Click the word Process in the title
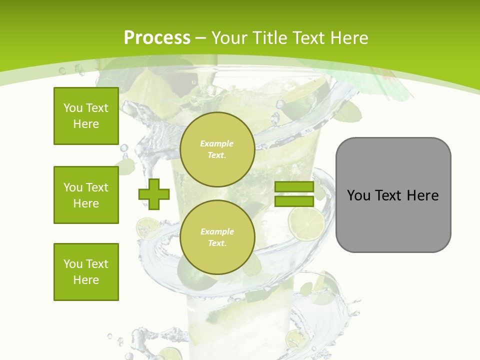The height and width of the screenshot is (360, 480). point(157,38)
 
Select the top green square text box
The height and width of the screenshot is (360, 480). point(86,116)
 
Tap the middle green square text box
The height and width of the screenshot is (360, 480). point(86,195)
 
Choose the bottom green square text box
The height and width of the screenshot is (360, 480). point(86,272)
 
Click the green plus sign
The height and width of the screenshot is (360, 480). point(154,194)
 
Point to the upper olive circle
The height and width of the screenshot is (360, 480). point(217,149)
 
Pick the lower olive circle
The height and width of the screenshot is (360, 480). point(217,237)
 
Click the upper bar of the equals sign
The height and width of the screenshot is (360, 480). point(294,187)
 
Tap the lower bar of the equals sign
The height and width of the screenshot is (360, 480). point(294,201)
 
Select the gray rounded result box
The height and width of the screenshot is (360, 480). point(393,195)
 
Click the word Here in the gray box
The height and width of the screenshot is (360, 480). point(422,195)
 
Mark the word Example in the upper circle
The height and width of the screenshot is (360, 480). point(216,143)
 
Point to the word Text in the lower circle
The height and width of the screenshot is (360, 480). point(216,243)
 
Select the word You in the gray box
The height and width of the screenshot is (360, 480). point(359,195)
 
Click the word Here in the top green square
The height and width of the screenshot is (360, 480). point(86,124)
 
